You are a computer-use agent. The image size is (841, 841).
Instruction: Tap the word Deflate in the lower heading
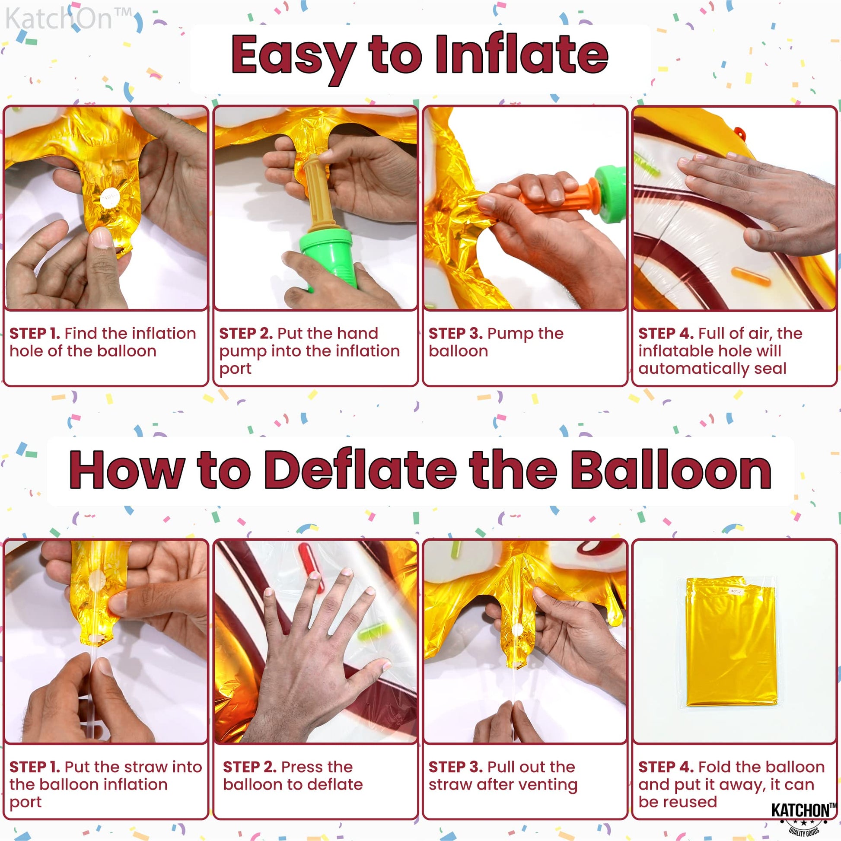(x=360, y=470)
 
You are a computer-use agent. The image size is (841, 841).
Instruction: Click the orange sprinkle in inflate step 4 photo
(x=752, y=276)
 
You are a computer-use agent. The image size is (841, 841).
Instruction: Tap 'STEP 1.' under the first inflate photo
(x=35, y=334)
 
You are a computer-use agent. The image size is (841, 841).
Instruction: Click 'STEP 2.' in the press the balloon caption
(x=250, y=767)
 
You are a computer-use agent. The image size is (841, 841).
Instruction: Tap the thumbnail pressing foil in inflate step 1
(x=102, y=237)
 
